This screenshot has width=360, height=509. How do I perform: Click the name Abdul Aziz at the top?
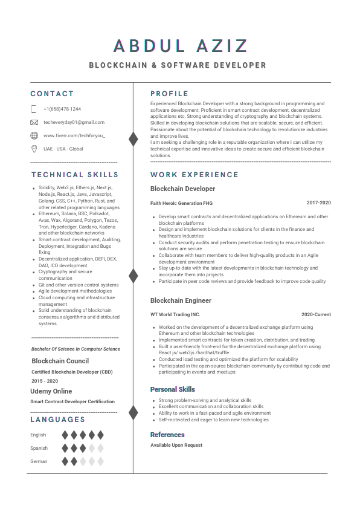click(180, 46)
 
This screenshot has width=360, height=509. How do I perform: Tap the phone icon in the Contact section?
click(34, 109)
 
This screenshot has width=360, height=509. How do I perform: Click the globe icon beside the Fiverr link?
click(34, 135)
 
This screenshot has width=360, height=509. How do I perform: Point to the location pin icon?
click(34, 149)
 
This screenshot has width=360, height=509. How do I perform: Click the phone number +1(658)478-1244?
click(62, 109)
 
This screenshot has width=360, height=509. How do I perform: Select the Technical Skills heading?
click(75, 175)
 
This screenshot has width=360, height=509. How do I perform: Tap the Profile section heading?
click(169, 94)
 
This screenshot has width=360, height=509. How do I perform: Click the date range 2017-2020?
click(318, 203)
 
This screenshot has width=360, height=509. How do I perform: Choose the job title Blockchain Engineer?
click(181, 300)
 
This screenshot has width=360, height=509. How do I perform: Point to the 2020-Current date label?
click(316, 314)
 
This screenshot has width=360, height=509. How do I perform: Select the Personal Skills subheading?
click(172, 389)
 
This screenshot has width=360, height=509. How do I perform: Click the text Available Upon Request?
click(176, 445)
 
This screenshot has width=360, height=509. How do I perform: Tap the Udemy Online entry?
click(51, 391)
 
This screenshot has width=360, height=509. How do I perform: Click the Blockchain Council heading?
click(60, 361)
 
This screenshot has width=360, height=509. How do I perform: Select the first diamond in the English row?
click(65, 435)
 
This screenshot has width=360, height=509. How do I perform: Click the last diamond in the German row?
click(100, 461)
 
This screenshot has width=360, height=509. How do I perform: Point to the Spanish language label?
click(39, 448)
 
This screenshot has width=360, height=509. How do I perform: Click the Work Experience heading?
click(194, 175)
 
